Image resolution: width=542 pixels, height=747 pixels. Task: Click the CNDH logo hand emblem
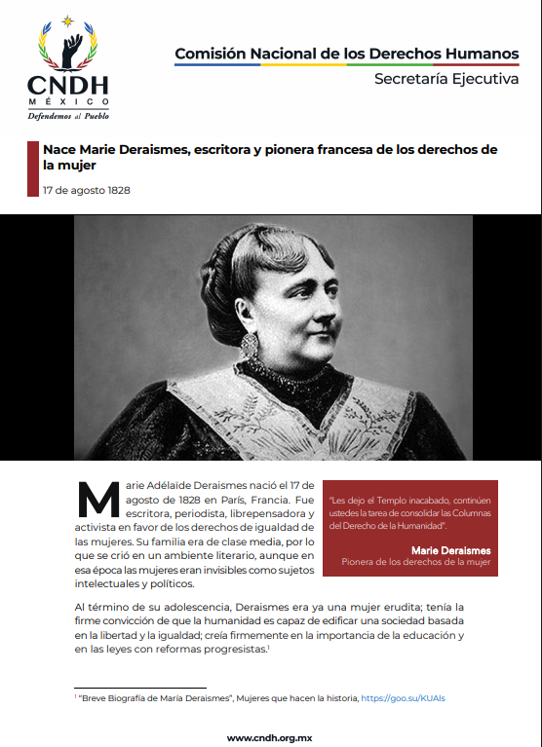[x=68, y=50]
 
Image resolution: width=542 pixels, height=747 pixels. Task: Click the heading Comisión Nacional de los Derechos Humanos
[x=346, y=53]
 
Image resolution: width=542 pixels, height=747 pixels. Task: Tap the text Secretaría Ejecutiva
[x=446, y=79]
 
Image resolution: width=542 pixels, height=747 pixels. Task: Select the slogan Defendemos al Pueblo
[x=68, y=115]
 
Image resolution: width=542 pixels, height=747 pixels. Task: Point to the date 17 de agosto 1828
[x=87, y=190]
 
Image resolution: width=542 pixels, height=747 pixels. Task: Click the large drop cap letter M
[x=97, y=501]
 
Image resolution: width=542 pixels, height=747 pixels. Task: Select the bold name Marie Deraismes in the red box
[x=450, y=550]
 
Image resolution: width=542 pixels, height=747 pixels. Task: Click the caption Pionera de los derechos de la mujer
[x=415, y=563]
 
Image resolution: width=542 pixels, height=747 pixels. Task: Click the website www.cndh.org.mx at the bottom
[x=271, y=737]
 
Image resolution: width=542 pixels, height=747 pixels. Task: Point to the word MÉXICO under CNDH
[x=68, y=101]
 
